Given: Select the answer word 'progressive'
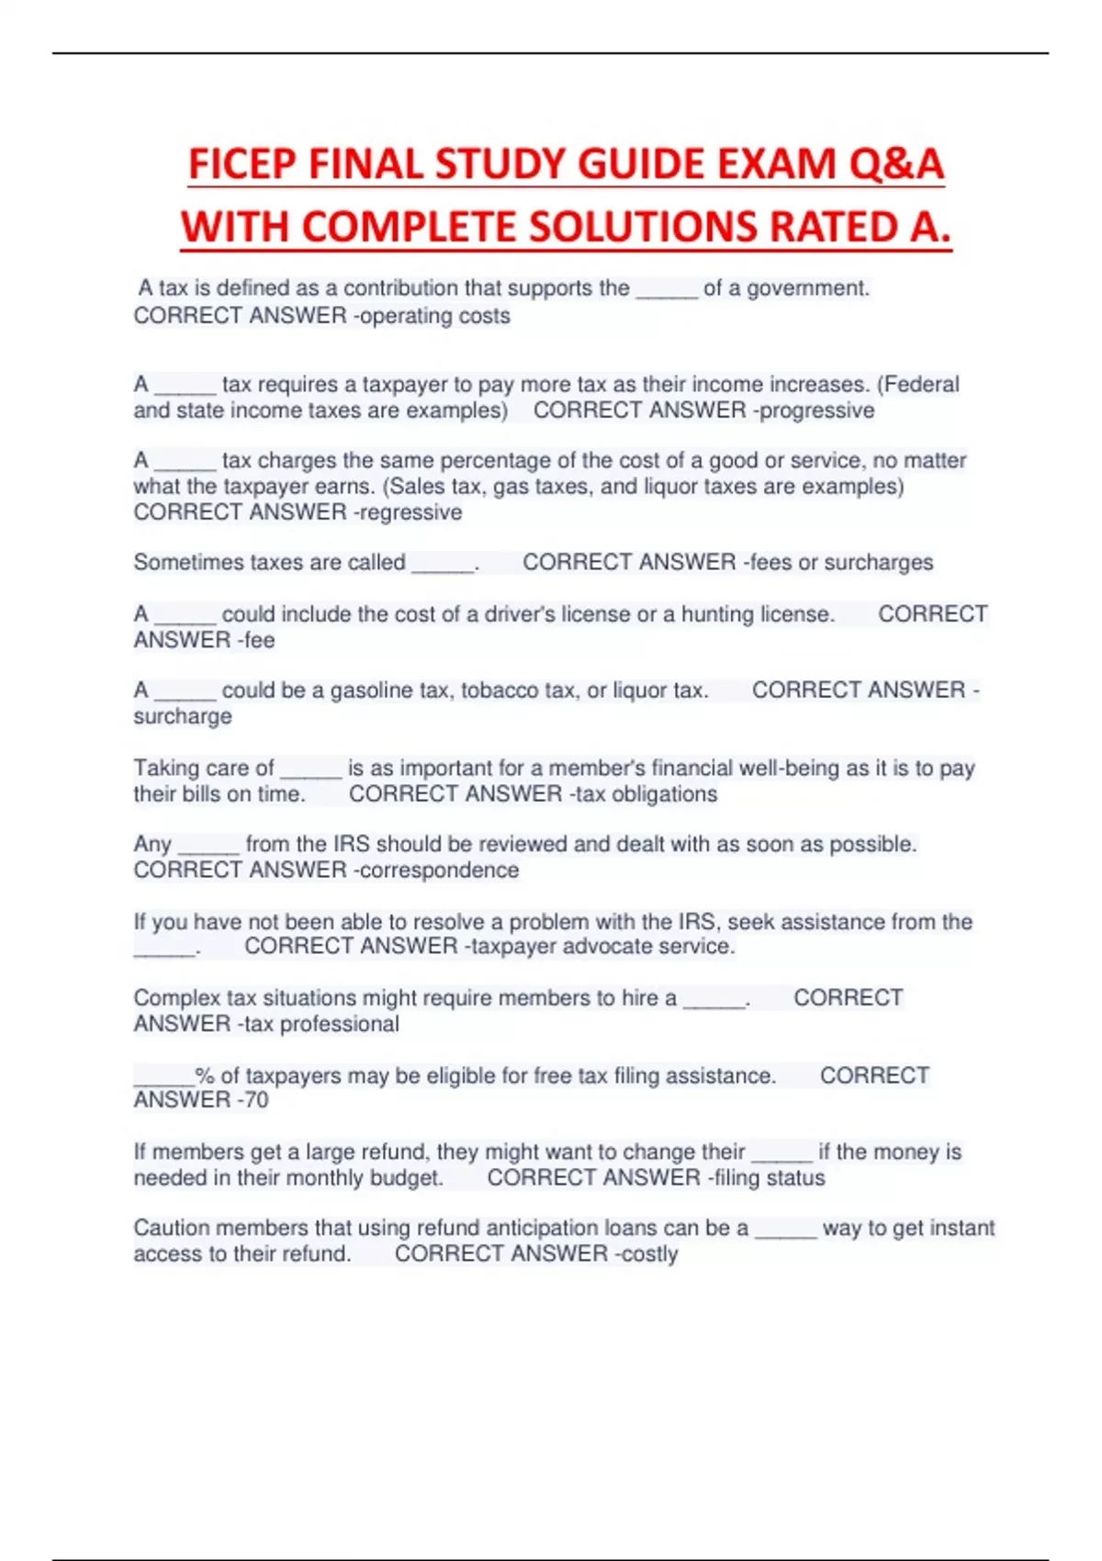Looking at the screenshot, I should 817,410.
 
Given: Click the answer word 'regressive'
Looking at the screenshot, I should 410,512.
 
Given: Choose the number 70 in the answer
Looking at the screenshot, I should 256,1100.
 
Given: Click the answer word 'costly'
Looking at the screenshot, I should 650,1254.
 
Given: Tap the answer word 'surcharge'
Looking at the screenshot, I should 183,716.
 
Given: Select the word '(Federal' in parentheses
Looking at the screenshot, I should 918,385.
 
